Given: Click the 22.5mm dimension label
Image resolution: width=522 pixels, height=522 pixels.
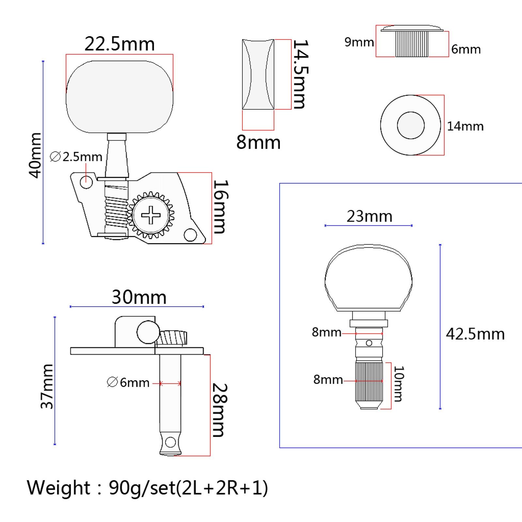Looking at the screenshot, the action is (x=119, y=44).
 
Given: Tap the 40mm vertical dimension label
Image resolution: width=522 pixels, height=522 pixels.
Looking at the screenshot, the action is (x=36, y=155).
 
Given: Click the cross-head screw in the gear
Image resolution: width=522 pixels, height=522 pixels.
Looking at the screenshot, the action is (x=151, y=215).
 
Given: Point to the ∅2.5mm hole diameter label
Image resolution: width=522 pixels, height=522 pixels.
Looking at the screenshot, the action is (x=76, y=157).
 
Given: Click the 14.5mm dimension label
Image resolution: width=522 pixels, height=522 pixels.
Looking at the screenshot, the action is (x=299, y=74).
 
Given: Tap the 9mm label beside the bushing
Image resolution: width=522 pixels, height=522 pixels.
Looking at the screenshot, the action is (x=359, y=42).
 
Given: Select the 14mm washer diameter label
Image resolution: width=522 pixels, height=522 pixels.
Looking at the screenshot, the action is (x=465, y=126).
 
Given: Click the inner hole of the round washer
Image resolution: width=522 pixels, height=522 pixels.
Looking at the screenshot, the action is (x=411, y=125).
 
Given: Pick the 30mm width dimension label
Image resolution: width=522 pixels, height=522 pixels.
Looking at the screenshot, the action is (x=139, y=297).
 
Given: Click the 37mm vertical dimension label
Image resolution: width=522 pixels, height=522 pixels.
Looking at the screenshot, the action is (x=47, y=386).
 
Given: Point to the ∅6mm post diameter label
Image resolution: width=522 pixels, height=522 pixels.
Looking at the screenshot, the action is (x=128, y=382).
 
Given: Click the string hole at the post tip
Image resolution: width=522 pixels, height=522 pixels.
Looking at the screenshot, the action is (x=170, y=442).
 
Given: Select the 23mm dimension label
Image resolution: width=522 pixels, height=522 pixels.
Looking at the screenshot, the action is (x=369, y=216).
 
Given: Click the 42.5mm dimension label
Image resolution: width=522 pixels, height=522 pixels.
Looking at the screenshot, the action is (x=475, y=334).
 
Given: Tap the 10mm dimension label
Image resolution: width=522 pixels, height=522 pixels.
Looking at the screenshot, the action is (x=399, y=384).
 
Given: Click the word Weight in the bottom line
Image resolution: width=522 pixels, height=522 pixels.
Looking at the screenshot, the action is (x=58, y=488).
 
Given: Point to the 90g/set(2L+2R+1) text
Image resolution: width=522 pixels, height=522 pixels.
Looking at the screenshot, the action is (x=188, y=488).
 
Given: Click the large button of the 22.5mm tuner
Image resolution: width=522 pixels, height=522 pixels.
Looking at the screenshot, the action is (x=119, y=97).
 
